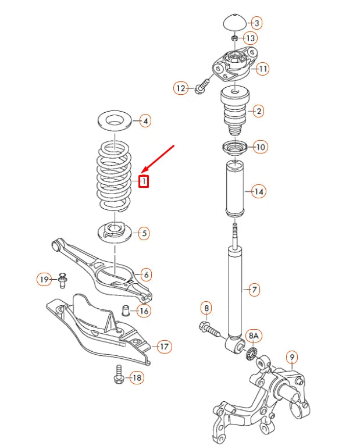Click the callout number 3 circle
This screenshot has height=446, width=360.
click(x=256, y=23)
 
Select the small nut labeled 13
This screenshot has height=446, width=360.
click(x=234, y=38)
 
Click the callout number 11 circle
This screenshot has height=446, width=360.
click(x=263, y=69)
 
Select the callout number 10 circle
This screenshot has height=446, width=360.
click(x=261, y=147)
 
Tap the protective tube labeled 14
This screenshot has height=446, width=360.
click(x=234, y=188)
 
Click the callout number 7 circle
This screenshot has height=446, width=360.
click(x=253, y=289)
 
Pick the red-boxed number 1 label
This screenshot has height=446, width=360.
click(x=144, y=181)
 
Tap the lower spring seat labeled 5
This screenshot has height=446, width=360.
click(x=115, y=232)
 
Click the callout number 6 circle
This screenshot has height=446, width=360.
click(x=145, y=274)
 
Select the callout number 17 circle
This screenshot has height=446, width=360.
click(x=165, y=347)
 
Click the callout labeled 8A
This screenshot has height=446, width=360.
click(x=254, y=336)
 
